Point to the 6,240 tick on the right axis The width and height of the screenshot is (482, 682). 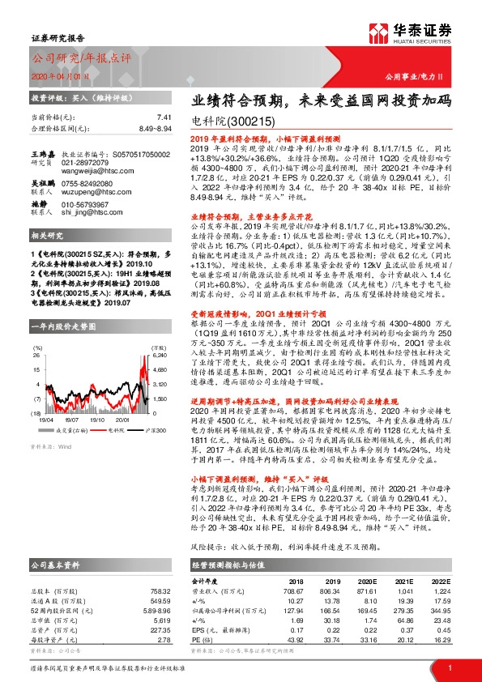(160, 333)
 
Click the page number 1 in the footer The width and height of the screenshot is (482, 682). (449, 667)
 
